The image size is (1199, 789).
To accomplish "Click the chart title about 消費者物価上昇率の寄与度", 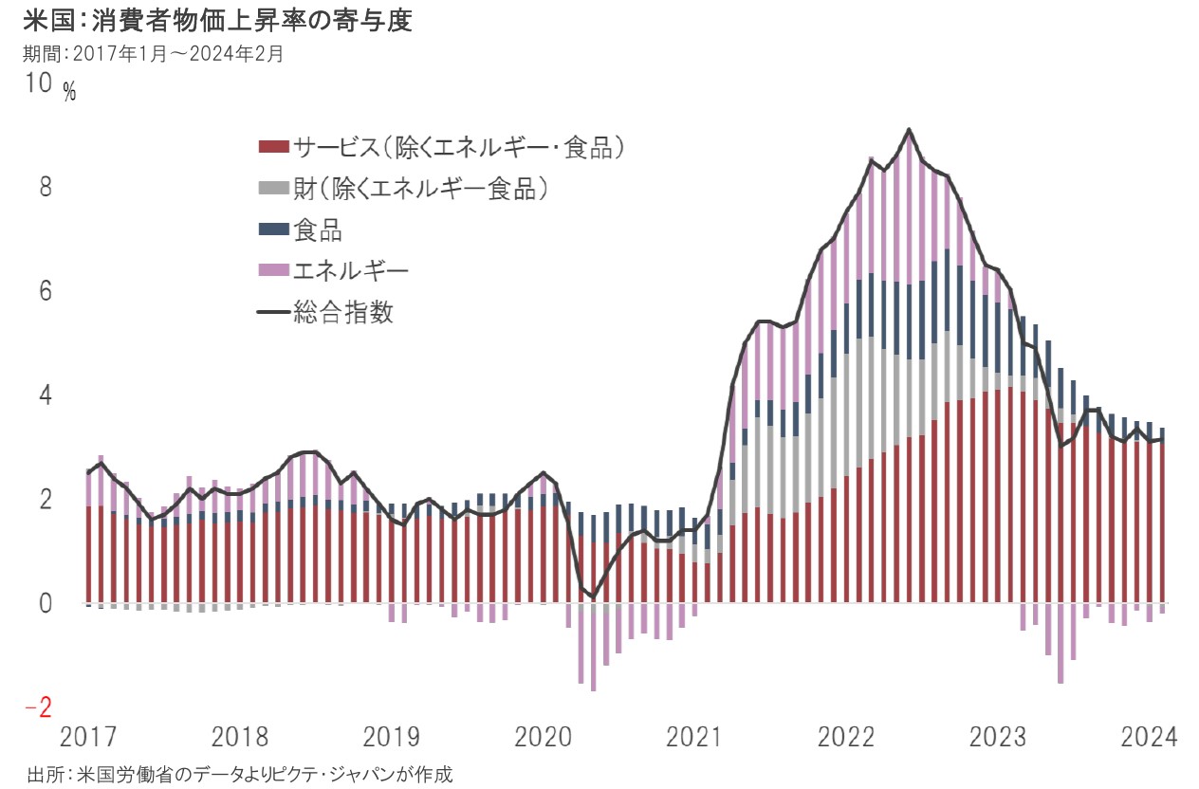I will pos(218,21).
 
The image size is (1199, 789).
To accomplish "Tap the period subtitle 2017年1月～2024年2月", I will pos(154,54).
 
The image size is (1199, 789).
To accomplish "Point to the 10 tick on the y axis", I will pos(39,84).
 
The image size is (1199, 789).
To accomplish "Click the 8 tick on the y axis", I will pos(45,187).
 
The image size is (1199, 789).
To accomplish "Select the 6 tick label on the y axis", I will pos(45,291).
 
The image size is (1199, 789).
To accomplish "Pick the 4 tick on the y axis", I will pos(45,394).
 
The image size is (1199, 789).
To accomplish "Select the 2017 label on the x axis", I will pos(89,737).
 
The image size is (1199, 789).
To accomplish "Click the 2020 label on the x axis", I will pos(544,737).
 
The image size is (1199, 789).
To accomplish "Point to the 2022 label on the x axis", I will pos(846,737).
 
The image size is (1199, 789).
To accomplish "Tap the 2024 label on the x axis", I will pos(1149,737).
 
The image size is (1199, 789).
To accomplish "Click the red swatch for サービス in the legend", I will pos(272,147).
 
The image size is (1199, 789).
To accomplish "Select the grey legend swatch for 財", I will pos(272,189).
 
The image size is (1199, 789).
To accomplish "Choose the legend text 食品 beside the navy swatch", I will pos(318,229).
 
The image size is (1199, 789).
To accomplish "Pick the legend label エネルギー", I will pos(351,271).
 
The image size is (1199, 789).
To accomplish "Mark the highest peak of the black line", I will pos(909,130).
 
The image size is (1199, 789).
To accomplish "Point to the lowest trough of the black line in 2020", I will pos(593,596).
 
